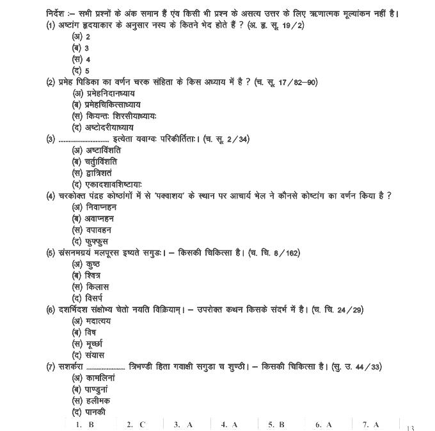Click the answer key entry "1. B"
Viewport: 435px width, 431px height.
pyautogui.click(x=84, y=424)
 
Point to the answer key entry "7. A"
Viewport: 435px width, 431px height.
pyautogui.click(x=371, y=424)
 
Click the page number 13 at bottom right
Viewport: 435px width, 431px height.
pyautogui.click(x=410, y=427)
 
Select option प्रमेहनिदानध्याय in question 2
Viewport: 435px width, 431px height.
pyautogui.click(x=106, y=94)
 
